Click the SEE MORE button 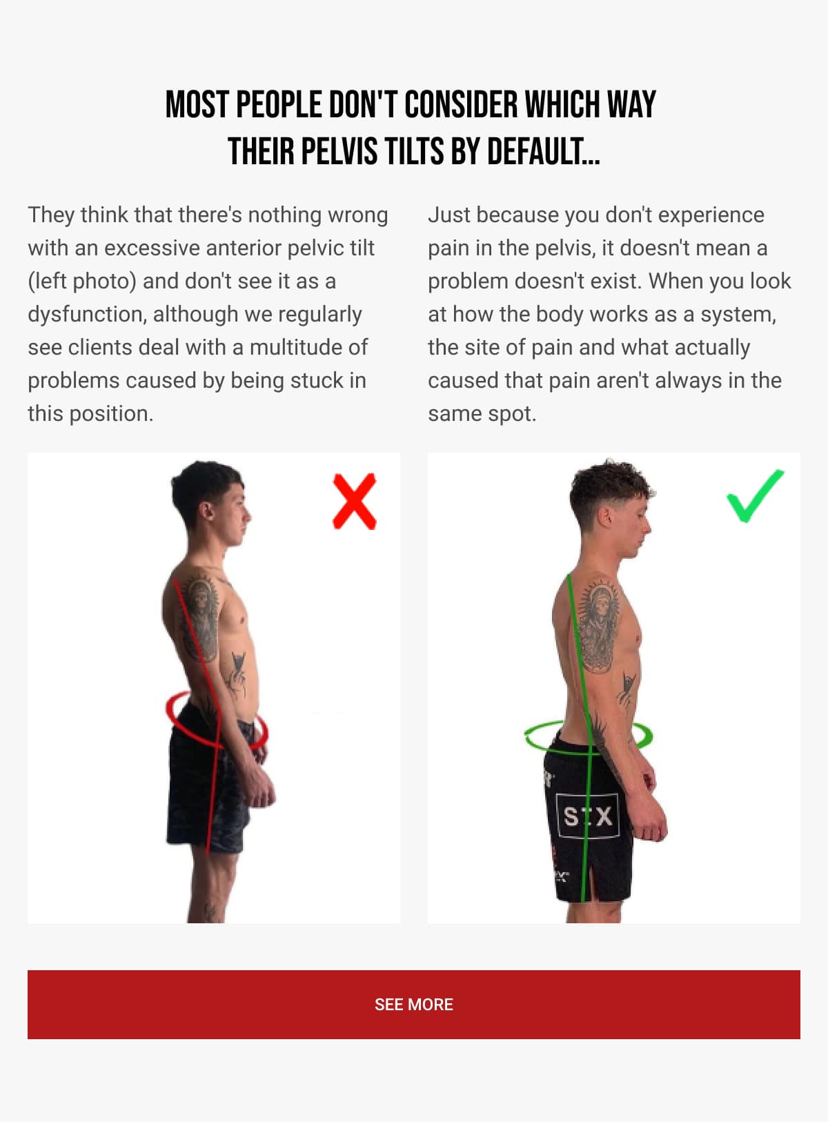pyautogui.click(x=414, y=1005)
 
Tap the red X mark pyautogui.click(x=355, y=502)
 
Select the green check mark pyautogui.click(x=754, y=496)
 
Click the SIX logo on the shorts pyautogui.click(x=587, y=816)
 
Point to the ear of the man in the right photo pyautogui.click(x=606, y=516)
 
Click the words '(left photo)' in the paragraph pyautogui.click(x=81, y=281)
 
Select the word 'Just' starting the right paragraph pyautogui.click(x=448, y=215)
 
